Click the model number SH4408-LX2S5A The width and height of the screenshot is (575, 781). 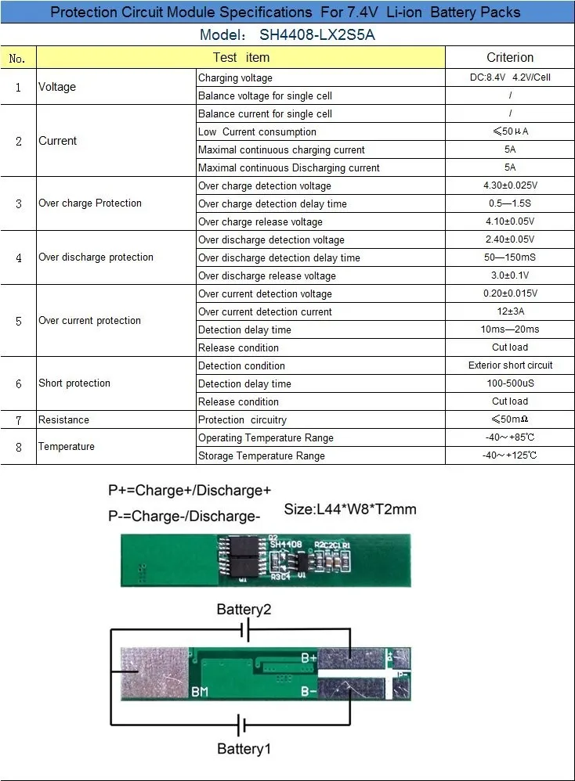point(317,35)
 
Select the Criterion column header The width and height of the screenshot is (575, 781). point(510,57)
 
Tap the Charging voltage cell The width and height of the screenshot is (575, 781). point(235,77)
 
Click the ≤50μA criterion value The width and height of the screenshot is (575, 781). point(510,131)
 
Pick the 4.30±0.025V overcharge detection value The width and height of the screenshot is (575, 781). point(510,185)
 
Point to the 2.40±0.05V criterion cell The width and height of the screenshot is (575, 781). point(510,239)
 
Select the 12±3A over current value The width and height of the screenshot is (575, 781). point(510,311)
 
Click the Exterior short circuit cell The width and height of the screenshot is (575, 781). point(510,365)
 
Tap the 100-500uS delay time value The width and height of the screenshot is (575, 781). point(510,383)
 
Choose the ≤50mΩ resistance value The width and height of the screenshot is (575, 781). point(510,419)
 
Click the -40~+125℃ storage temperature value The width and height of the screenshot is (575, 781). point(510,455)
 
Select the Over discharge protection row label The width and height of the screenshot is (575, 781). point(96,257)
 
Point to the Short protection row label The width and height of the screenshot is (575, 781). point(74,383)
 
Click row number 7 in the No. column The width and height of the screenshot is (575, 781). point(19,420)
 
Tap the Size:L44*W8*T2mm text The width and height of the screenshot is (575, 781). point(350,509)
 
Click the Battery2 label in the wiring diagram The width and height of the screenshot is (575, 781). point(244,609)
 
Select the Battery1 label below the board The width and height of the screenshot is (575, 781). point(244,749)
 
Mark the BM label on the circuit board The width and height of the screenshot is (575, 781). point(200,691)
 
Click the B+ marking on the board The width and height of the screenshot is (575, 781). point(309,658)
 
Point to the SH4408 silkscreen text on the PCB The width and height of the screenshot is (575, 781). point(286,544)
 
